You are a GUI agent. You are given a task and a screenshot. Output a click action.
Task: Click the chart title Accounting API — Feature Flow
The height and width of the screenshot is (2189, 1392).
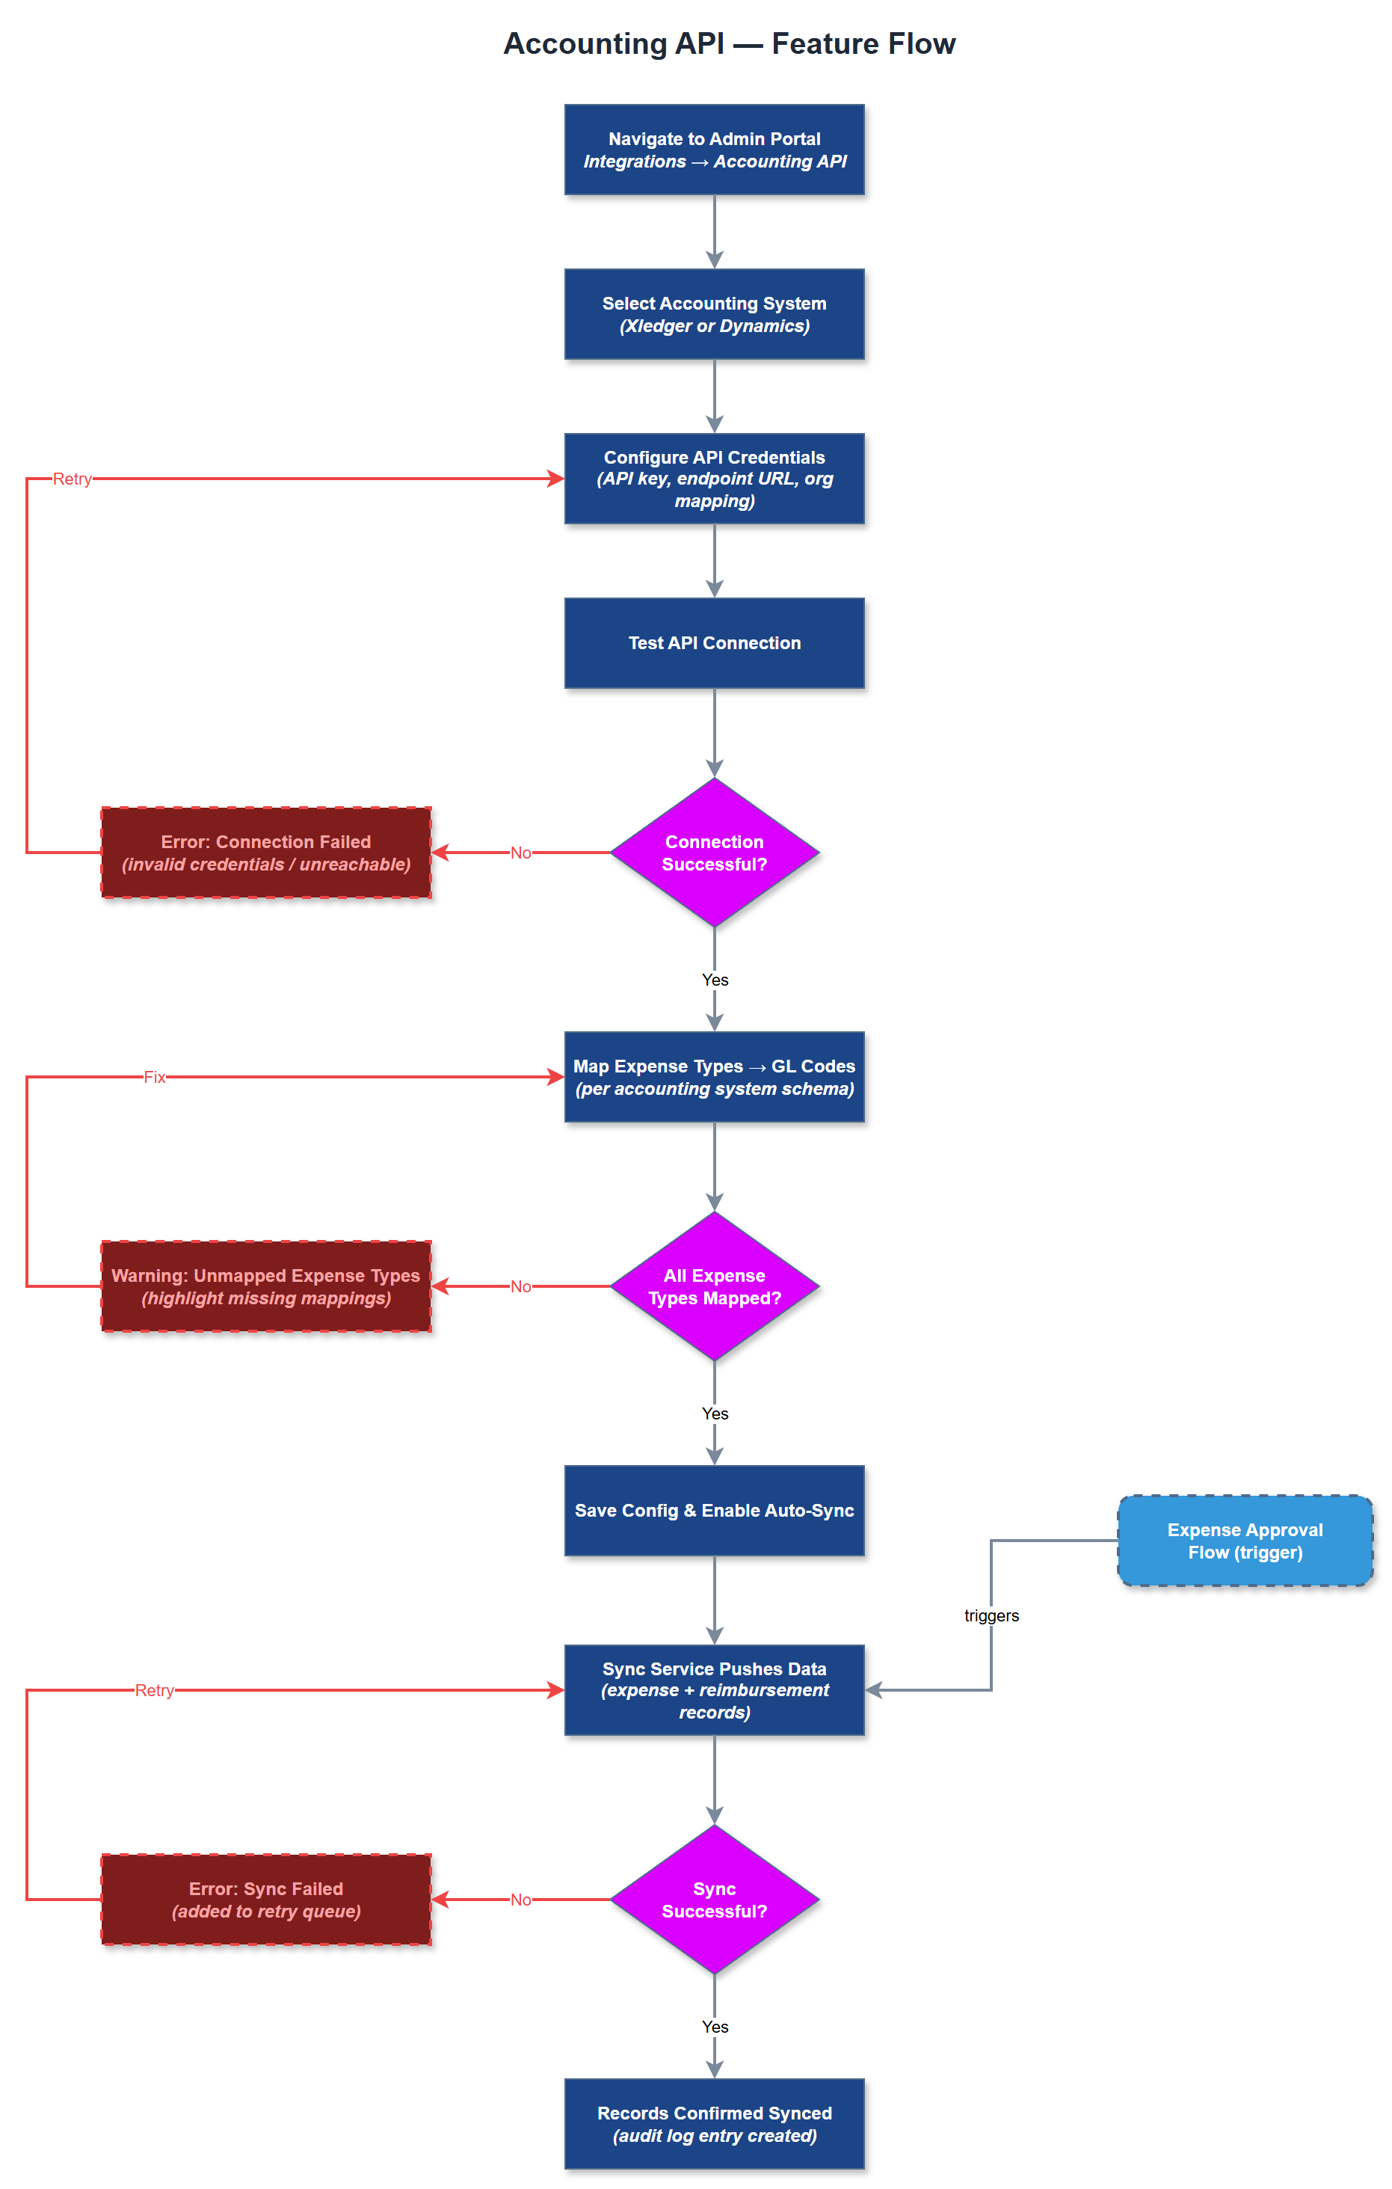click(x=729, y=43)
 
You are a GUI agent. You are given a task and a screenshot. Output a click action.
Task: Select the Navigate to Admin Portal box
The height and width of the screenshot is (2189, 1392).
click(x=714, y=150)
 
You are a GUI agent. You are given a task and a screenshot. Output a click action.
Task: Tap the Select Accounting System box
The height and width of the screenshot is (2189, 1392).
click(x=714, y=315)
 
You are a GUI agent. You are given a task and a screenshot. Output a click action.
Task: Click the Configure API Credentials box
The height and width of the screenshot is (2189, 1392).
click(x=714, y=479)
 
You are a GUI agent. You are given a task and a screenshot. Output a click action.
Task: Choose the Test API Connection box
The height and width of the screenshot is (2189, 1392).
click(x=714, y=642)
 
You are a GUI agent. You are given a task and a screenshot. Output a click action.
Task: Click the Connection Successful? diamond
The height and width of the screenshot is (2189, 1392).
click(x=714, y=853)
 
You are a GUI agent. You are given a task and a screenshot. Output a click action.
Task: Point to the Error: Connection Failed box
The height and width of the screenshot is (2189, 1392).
click(x=266, y=853)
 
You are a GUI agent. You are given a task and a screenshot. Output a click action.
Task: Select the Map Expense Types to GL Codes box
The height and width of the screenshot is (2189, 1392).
click(x=714, y=1077)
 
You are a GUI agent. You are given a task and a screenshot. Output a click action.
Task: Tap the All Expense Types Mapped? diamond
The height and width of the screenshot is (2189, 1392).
click(x=714, y=1286)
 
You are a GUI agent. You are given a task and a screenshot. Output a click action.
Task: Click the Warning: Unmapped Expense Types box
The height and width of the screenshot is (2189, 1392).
click(x=266, y=1286)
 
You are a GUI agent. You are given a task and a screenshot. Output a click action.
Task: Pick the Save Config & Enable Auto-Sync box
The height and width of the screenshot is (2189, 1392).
click(x=714, y=1510)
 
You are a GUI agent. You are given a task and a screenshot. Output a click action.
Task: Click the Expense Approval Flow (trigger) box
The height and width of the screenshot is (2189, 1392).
click(x=1245, y=1541)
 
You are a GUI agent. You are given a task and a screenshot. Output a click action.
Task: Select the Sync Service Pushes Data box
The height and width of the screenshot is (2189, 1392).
click(x=714, y=1690)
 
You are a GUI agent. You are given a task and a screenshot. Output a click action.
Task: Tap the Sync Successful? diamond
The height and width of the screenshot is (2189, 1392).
click(x=714, y=1899)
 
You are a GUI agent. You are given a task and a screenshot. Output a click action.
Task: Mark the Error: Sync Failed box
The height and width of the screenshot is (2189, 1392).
click(x=266, y=1899)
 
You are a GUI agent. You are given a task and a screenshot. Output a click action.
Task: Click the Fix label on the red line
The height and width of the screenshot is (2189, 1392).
click(x=155, y=1077)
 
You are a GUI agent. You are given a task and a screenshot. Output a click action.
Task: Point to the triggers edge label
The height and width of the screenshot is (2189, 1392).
click(x=991, y=1615)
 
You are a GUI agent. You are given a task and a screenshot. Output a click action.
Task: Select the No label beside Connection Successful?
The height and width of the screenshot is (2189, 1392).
click(x=520, y=853)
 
